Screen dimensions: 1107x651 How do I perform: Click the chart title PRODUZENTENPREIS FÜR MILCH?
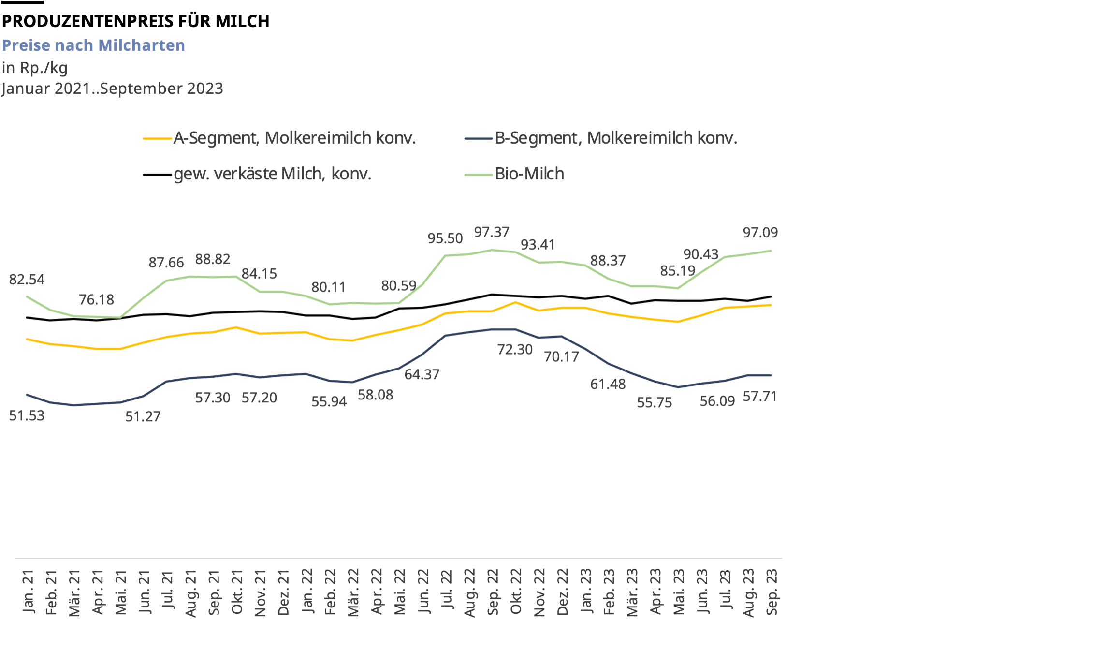[135, 21]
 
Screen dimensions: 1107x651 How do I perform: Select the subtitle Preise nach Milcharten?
[93, 45]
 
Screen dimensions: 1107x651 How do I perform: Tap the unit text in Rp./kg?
[34, 67]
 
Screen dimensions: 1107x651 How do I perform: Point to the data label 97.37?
[491, 232]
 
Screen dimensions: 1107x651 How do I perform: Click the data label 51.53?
[27, 415]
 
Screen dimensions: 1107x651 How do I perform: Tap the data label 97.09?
[760, 233]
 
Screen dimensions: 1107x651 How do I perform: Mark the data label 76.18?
[96, 300]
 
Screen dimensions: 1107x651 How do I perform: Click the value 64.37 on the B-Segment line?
[422, 374]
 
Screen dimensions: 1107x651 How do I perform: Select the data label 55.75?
[654, 402]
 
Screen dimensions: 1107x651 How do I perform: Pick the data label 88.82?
[212, 259]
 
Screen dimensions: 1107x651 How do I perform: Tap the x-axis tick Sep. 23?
[772, 592]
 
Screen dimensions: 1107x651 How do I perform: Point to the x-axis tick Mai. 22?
[400, 592]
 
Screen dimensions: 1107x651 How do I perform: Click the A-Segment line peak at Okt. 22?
[515, 302]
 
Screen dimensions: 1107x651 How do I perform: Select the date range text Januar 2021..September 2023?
[112, 89]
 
